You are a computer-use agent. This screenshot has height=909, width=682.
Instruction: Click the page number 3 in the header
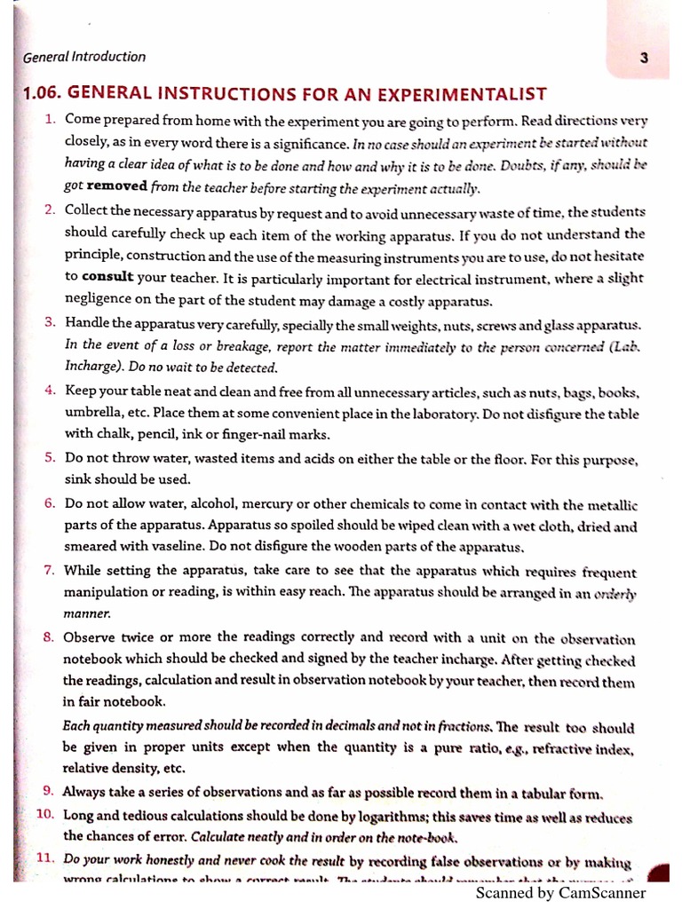coord(644,59)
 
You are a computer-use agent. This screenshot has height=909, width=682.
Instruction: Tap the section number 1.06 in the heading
coord(43,93)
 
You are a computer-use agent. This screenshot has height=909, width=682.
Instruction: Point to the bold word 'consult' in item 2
coord(111,276)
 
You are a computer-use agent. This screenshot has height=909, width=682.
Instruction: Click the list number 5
coord(51,457)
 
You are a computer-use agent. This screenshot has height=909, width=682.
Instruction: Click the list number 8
coord(51,636)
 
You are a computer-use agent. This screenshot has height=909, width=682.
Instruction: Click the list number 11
coord(46,859)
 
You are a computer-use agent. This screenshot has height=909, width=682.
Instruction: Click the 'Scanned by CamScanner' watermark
coord(560,893)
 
